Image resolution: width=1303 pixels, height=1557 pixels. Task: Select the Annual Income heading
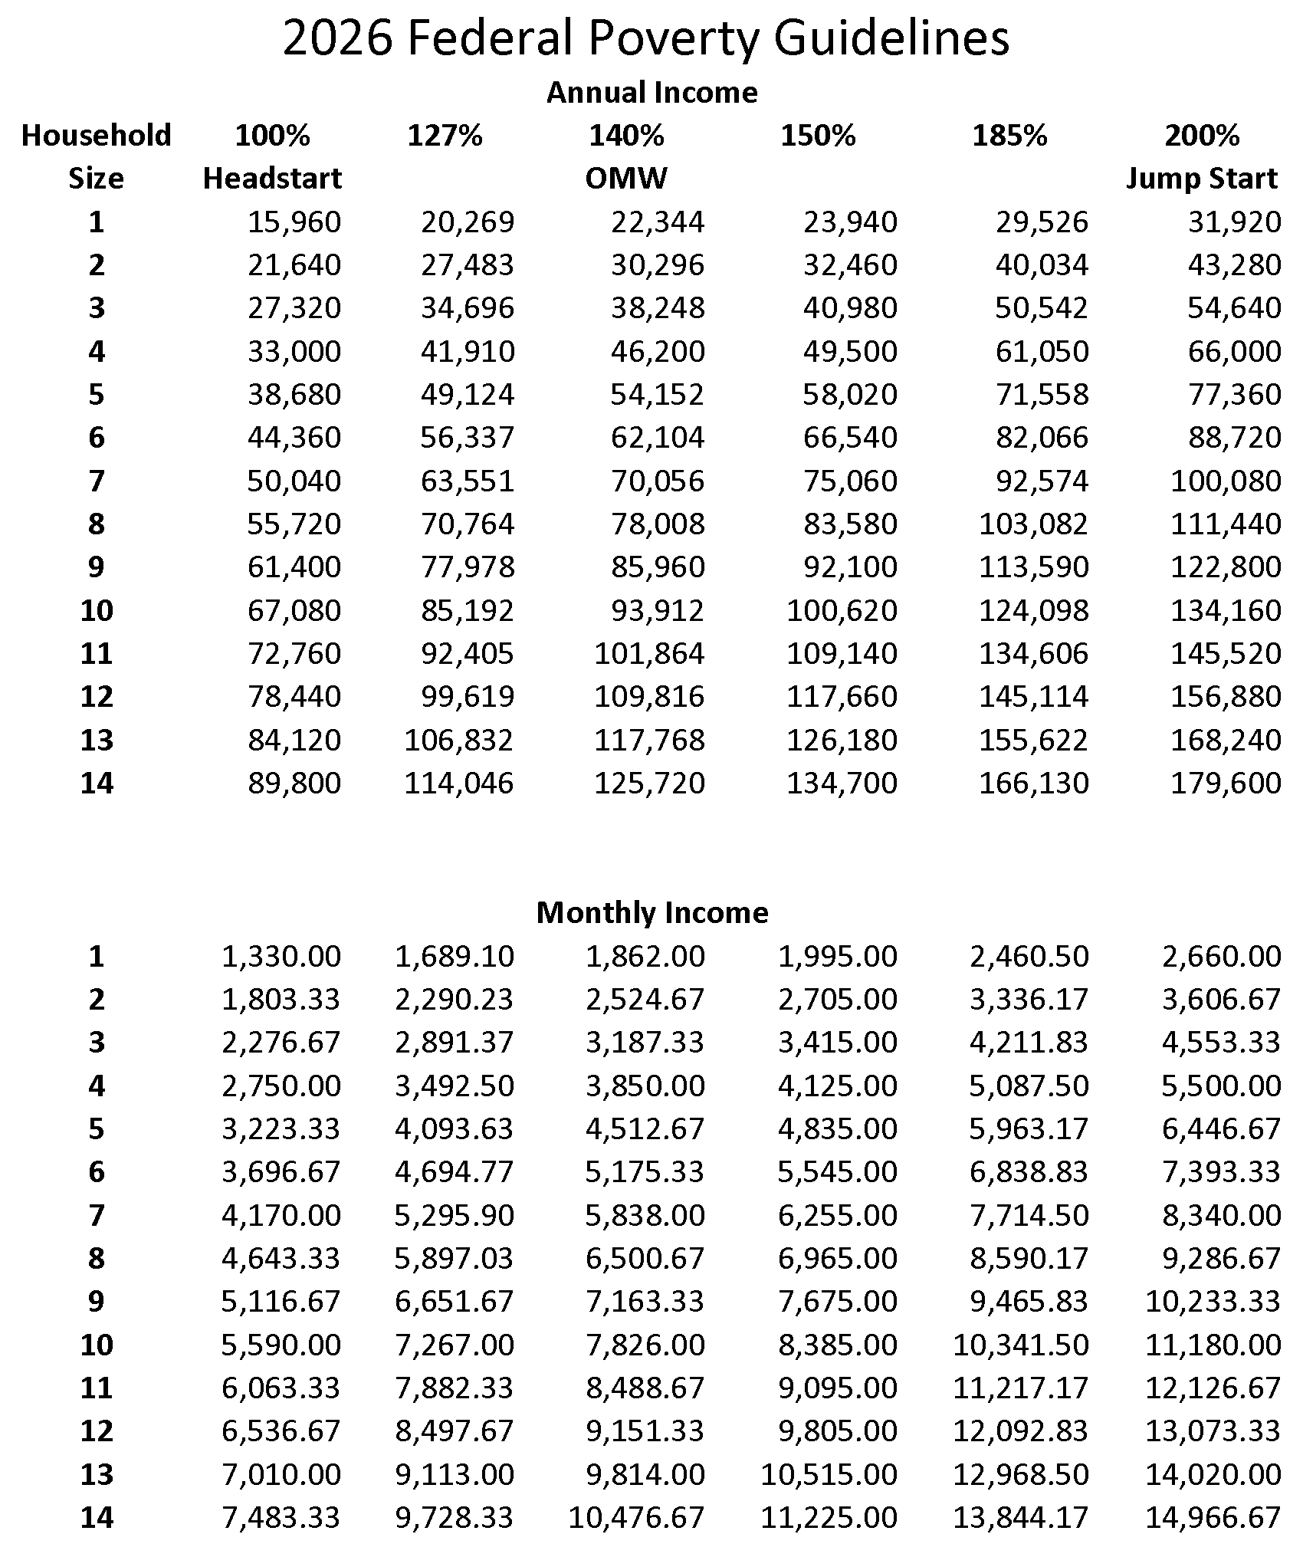click(651, 93)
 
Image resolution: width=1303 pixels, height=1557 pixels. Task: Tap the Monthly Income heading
click(651, 913)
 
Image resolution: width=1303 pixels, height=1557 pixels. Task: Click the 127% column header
click(445, 136)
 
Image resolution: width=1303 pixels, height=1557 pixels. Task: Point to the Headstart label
click(272, 179)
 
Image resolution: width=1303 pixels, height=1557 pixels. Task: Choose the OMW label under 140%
click(626, 179)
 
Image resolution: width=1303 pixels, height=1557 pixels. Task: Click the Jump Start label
click(1201, 179)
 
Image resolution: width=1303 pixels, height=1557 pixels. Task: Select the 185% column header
click(1009, 136)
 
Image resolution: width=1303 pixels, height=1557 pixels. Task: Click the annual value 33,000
click(294, 351)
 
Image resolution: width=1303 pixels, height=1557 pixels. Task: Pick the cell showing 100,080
click(1226, 481)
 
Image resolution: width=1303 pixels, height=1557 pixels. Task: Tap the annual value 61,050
click(1042, 351)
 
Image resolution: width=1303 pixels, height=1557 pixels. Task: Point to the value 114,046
click(459, 783)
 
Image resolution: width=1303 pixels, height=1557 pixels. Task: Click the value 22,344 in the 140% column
click(657, 222)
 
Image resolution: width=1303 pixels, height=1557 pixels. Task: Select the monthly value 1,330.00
click(281, 956)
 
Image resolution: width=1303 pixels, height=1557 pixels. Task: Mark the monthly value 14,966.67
click(1213, 1517)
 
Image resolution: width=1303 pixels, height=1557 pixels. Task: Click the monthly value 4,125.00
click(837, 1086)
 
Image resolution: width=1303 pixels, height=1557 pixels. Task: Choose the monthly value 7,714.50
click(1029, 1215)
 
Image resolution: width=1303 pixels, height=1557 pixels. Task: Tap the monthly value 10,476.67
click(636, 1517)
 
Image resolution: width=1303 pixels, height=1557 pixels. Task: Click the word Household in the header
click(96, 136)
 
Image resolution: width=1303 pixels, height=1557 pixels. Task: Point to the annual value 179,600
click(1226, 783)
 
